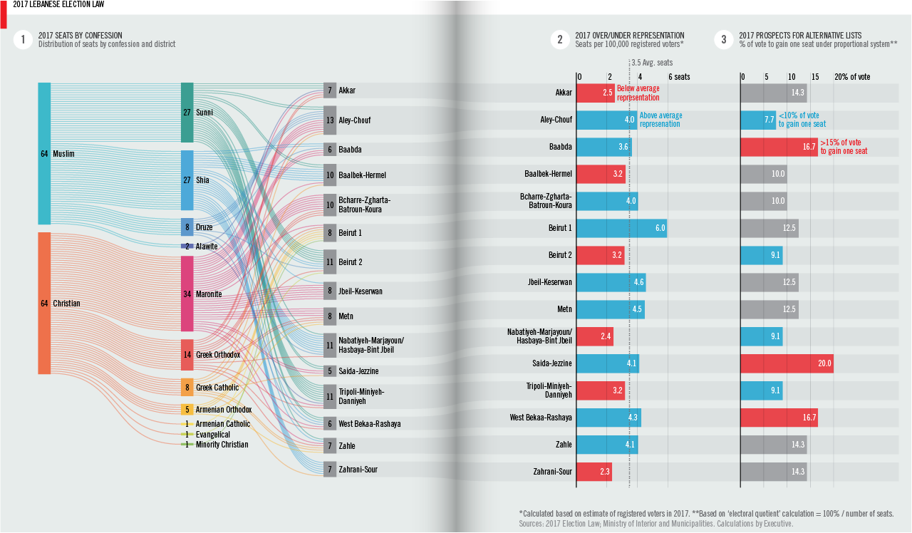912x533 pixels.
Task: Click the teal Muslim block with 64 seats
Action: (44, 153)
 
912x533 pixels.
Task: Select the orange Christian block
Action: (44, 303)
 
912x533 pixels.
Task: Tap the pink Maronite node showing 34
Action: (187, 294)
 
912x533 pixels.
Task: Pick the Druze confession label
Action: (204, 227)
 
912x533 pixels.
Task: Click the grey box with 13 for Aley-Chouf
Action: (330, 120)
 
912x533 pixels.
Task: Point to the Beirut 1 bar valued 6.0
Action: (621, 228)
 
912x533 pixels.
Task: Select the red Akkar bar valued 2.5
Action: (595, 93)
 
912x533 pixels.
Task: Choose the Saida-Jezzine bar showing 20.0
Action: (787, 363)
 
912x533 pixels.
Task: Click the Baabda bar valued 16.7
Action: (779, 147)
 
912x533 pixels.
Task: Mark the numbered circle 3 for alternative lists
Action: (724, 40)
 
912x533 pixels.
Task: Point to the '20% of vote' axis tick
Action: (852, 77)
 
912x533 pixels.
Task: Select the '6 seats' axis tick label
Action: (678, 77)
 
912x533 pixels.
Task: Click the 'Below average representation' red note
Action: (638, 93)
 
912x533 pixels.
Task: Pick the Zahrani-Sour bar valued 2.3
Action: (594, 472)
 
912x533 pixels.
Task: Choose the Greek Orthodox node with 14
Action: (187, 354)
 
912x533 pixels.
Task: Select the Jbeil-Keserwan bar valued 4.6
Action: (611, 282)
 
